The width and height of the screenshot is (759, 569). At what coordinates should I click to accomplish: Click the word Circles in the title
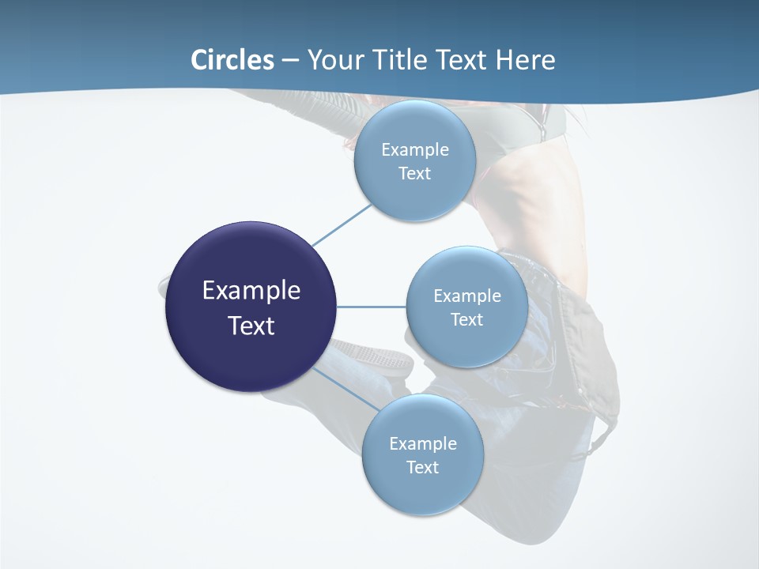232,60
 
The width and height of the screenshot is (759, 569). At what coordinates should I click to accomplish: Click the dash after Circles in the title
289,61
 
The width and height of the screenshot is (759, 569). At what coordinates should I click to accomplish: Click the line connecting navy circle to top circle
342,224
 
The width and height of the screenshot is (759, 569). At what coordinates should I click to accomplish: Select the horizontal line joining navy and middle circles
371,307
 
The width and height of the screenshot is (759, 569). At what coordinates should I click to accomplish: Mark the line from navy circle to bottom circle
345,390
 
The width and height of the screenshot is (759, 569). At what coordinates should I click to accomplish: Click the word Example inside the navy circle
251,291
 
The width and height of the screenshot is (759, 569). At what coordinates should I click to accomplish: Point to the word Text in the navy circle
251,326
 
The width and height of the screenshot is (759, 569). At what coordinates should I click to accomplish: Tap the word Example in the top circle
414,149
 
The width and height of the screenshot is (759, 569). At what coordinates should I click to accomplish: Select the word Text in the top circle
414,174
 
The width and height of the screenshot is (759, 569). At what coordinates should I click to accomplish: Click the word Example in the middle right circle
466,296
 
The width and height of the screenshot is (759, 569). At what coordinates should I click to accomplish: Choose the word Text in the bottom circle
422,467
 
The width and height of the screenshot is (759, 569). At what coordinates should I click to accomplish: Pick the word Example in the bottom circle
422,443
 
